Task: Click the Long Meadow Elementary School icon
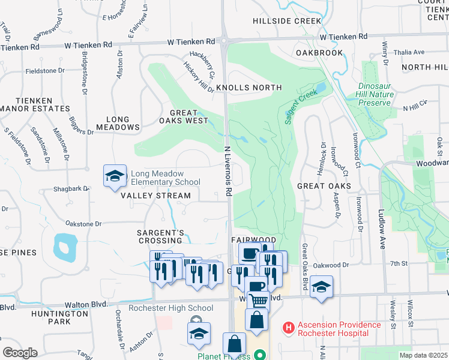point(115,176)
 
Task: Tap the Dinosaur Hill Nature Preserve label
point(376,95)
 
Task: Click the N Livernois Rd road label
point(228,170)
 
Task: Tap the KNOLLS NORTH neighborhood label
point(249,88)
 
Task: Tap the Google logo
point(20,352)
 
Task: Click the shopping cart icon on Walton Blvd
point(258,300)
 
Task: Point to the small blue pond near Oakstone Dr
point(65,247)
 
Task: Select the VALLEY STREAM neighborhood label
point(155,196)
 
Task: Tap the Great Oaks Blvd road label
point(304,252)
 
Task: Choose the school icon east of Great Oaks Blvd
point(321,286)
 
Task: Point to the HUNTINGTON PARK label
point(59,317)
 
